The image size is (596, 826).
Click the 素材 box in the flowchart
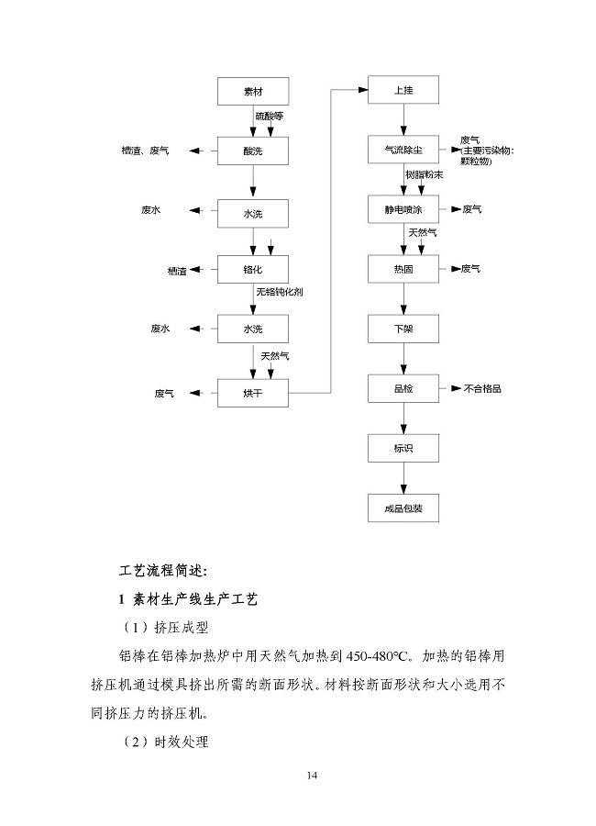click(x=253, y=91)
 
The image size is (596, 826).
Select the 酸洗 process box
click(x=253, y=150)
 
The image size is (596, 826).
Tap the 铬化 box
click(x=253, y=271)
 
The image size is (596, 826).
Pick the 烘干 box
click(x=253, y=393)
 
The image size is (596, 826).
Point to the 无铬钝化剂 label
click(x=281, y=292)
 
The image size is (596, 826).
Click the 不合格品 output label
click(x=482, y=388)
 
